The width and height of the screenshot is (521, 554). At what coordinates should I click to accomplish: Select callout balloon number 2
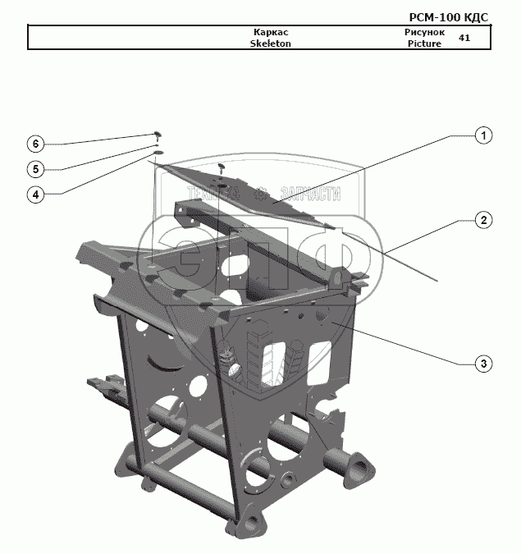coord(484,220)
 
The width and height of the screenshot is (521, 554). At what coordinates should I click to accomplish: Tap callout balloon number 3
coord(484,363)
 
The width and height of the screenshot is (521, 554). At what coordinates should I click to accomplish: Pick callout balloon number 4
coord(34,195)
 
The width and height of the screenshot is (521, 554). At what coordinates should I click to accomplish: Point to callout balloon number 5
coord(34,169)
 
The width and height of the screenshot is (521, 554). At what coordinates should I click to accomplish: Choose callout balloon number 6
coord(34,144)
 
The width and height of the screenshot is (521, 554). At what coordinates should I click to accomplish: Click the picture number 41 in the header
coord(464,38)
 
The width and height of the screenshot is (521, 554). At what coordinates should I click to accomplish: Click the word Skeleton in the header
coord(270,43)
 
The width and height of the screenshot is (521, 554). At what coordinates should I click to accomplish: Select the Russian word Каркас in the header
coord(270,33)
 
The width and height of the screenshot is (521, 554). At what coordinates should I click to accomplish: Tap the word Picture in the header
coord(424,43)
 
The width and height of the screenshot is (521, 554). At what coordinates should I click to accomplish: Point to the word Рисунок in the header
coord(424,33)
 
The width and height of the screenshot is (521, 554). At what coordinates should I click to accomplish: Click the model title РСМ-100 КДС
coord(448,16)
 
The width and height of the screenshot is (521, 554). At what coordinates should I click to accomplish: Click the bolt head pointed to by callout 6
coord(157,133)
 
